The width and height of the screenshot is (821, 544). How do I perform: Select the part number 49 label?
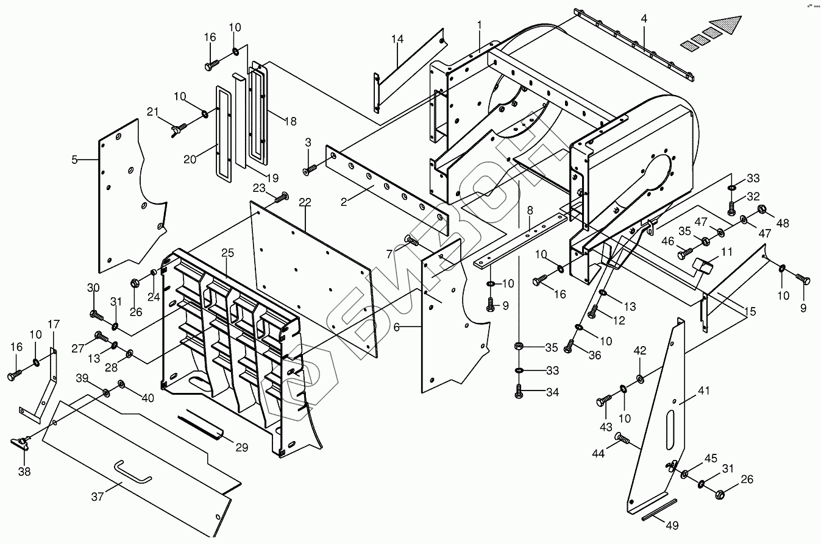pyautogui.click(x=671, y=525)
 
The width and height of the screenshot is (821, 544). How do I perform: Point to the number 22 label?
pyautogui.click(x=305, y=202)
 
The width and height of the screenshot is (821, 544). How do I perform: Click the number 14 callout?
pyautogui.click(x=397, y=40)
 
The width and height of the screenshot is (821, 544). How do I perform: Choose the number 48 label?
pyautogui.click(x=782, y=224)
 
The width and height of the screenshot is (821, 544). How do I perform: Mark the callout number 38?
pyautogui.click(x=24, y=471)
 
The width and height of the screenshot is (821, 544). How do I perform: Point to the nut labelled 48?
pyautogui.click(x=762, y=210)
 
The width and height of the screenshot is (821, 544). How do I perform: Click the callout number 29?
pyautogui.click(x=241, y=447)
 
